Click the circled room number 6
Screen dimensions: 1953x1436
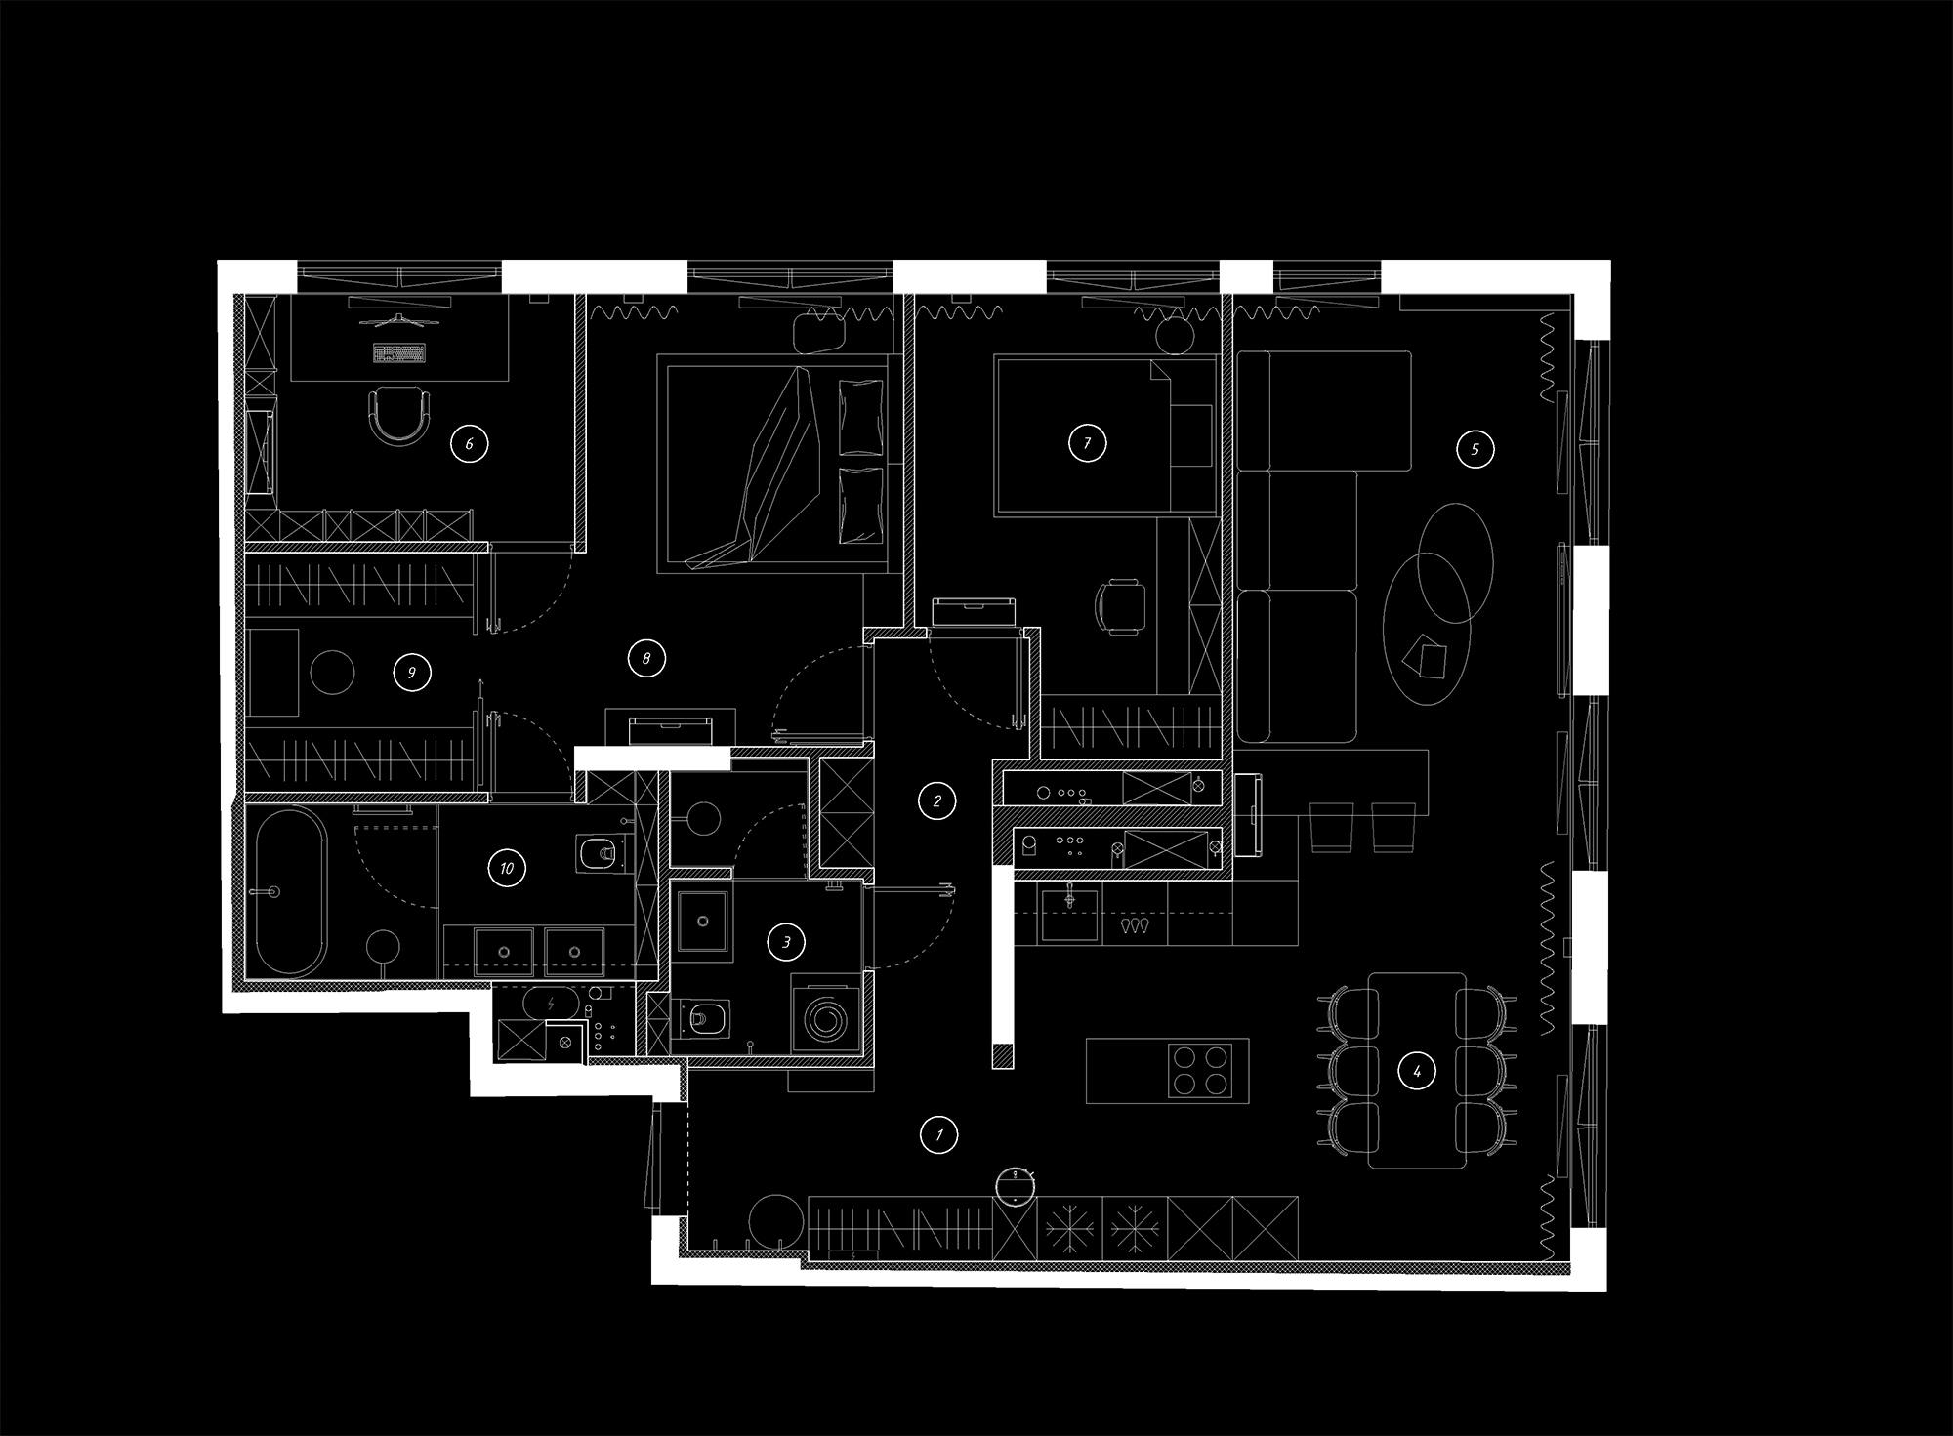[469, 444]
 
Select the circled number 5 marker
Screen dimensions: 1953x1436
[1475, 450]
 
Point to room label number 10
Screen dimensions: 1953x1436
[506, 868]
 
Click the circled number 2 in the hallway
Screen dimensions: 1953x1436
[937, 801]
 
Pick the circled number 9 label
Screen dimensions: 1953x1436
[411, 673]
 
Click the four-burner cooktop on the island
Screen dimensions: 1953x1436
[1199, 1070]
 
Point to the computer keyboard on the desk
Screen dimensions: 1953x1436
[399, 352]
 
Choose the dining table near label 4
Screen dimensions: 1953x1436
[1417, 1070]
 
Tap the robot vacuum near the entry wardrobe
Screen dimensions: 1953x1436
[1017, 1184]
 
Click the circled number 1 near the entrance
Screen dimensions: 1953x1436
[939, 1134]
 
